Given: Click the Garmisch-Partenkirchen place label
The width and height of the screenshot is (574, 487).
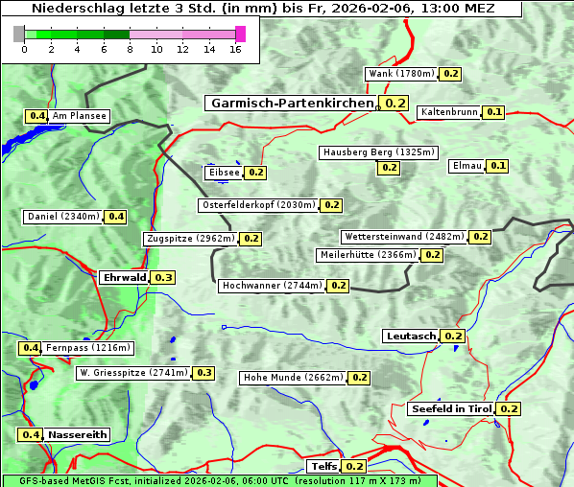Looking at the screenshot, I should (x=292, y=104).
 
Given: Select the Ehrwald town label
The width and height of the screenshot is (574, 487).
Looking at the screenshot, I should (x=124, y=278).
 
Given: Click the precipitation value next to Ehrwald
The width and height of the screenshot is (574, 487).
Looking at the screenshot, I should (x=163, y=278).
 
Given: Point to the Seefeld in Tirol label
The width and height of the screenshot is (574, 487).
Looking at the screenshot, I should (x=451, y=409).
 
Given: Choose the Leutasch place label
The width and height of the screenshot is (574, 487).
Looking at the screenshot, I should (x=411, y=336).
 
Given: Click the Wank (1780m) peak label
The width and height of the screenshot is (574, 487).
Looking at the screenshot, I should (x=402, y=74).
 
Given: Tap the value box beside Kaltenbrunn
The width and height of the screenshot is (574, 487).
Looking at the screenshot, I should (x=494, y=112).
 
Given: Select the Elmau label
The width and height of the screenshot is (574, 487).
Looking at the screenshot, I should (x=466, y=166).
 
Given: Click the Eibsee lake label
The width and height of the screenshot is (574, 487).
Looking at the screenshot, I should (x=223, y=173).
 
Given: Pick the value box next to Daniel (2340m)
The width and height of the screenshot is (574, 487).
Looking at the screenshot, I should (x=115, y=217).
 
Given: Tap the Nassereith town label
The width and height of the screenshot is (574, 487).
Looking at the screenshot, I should (x=78, y=434).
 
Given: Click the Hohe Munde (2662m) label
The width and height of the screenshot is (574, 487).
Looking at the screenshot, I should (x=293, y=378).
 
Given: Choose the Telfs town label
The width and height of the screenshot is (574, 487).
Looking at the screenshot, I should (x=323, y=467).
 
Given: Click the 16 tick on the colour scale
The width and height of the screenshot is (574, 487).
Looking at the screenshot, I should (x=235, y=50).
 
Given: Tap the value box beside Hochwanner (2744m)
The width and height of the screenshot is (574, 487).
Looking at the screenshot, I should (x=338, y=286).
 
